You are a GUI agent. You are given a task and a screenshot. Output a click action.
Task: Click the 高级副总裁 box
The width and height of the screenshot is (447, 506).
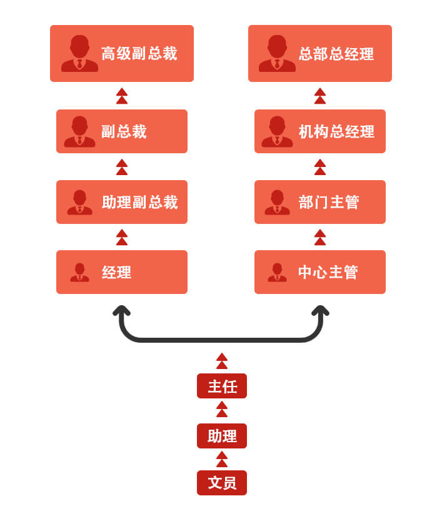tap(122, 53)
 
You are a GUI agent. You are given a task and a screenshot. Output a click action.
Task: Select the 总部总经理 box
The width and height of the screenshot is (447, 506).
tap(320, 53)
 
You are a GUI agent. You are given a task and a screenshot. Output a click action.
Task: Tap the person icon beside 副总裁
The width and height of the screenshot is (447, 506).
tap(79, 131)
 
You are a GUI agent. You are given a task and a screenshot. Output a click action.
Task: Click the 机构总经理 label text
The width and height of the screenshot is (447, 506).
tap(336, 132)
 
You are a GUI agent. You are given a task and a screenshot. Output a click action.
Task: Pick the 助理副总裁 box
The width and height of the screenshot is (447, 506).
tap(122, 202)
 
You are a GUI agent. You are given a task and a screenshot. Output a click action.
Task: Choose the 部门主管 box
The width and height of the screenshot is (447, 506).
tap(320, 202)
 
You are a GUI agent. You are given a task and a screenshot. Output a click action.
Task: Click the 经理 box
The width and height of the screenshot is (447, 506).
tap(122, 272)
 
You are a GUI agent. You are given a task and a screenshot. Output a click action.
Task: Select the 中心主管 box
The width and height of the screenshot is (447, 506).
tap(320, 272)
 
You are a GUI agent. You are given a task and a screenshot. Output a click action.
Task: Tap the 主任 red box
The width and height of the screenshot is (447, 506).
tap(222, 386)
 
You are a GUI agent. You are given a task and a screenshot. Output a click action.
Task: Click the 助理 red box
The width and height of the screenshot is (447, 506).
tap(222, 436)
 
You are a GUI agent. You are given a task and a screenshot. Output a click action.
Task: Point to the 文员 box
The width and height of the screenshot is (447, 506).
tap(222, 483)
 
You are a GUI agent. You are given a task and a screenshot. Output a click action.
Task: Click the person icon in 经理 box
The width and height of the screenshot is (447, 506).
tap(79, 272)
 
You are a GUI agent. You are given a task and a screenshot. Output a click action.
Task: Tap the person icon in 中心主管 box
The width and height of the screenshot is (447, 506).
tap(277, 272)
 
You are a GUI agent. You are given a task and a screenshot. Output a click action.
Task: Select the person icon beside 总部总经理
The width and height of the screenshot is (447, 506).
tap(277, 53)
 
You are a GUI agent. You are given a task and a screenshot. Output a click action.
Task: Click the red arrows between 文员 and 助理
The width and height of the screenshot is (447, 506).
tap(222, 459)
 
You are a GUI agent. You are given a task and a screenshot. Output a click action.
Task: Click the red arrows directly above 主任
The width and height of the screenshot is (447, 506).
tap(222, 361)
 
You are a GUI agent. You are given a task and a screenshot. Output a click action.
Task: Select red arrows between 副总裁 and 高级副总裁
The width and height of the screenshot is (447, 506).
tap(122, 96)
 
